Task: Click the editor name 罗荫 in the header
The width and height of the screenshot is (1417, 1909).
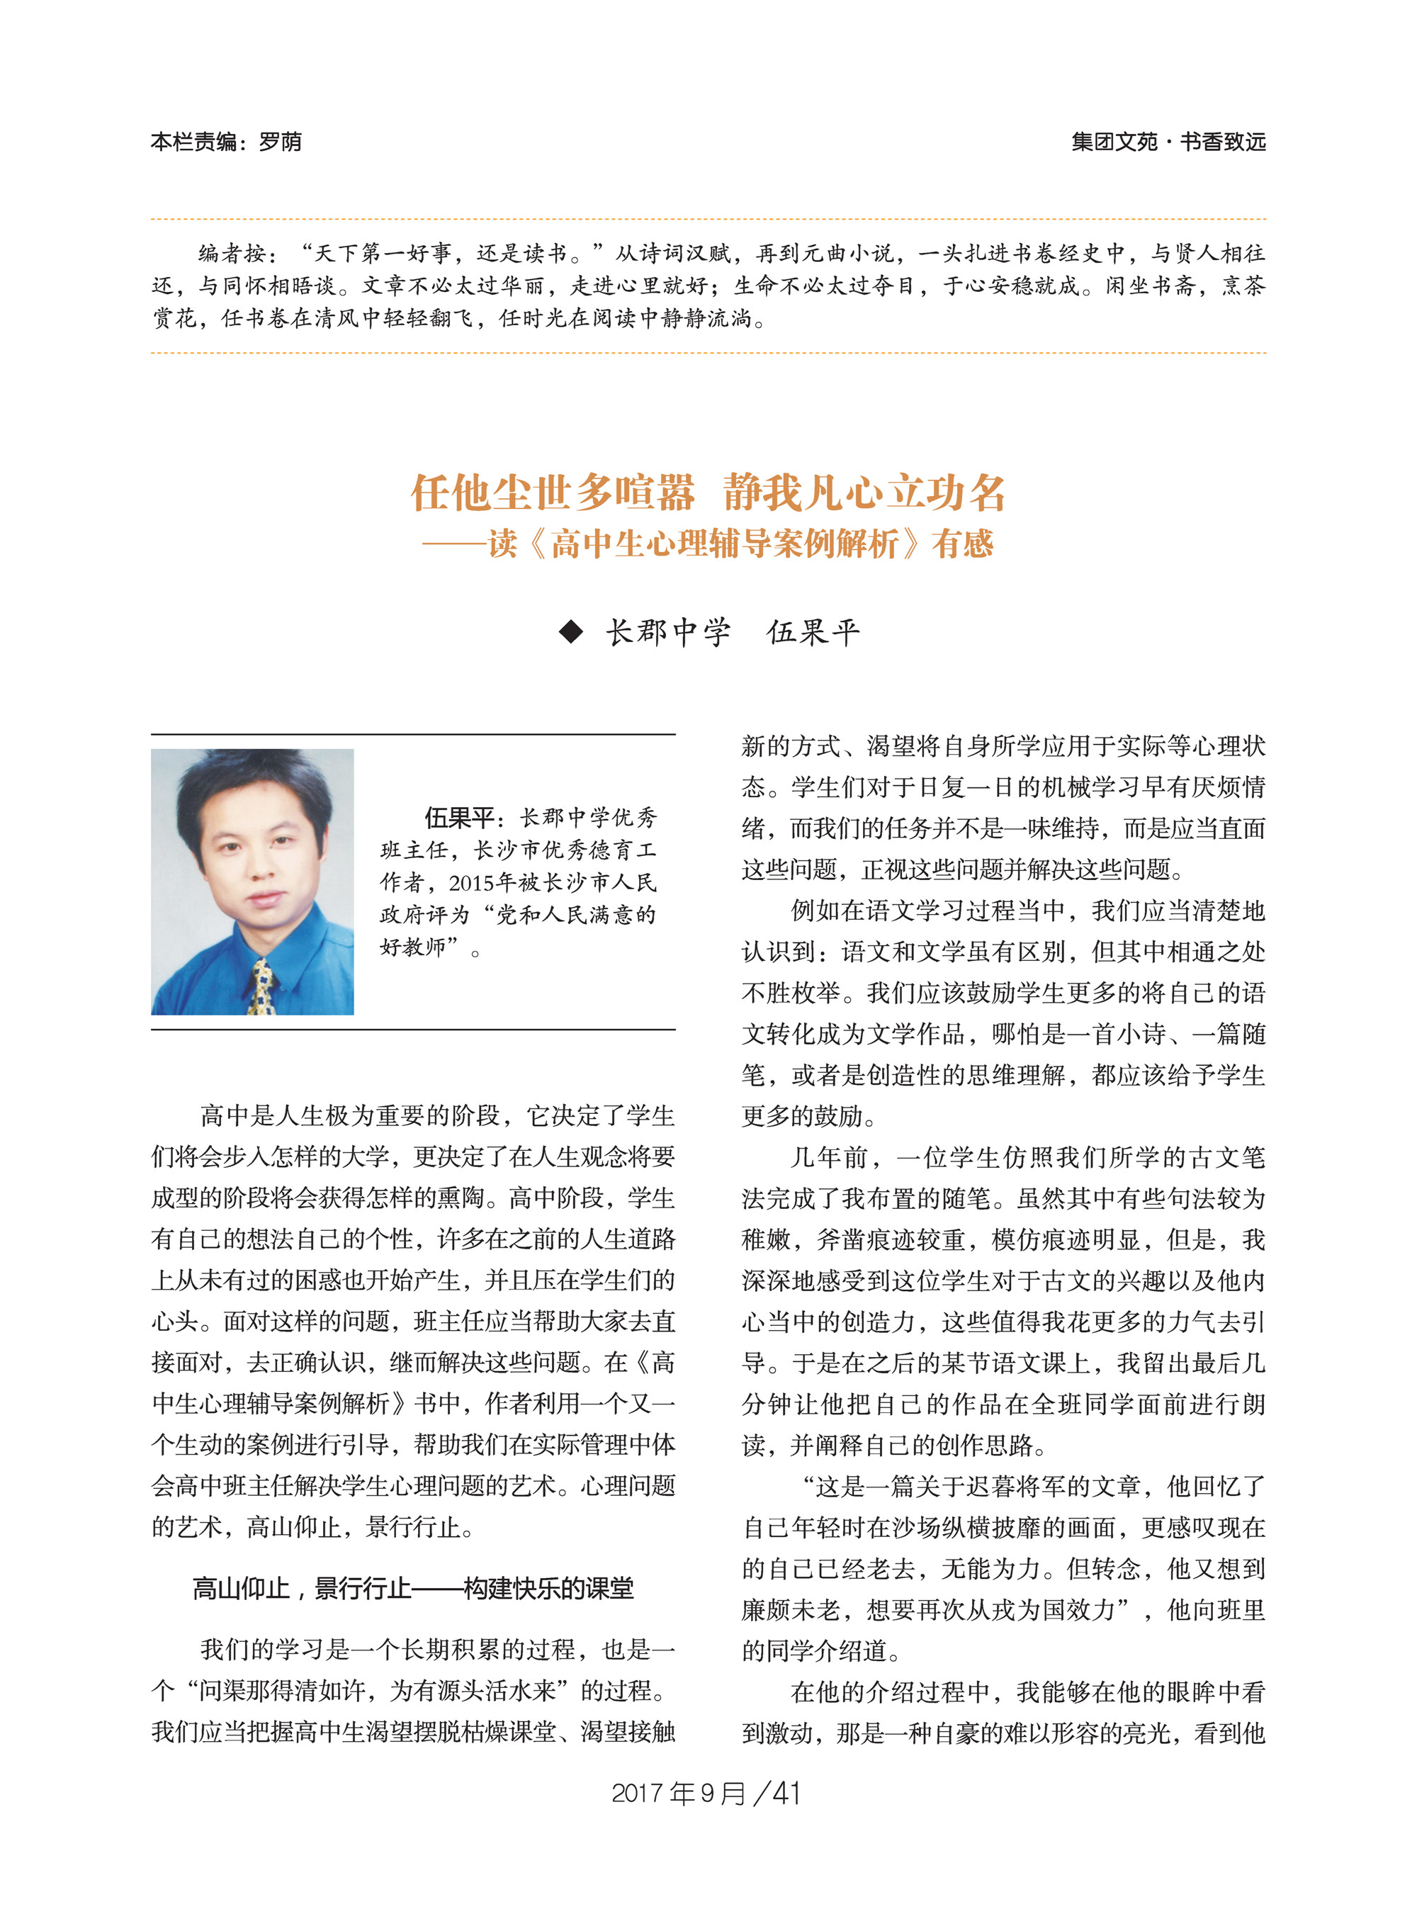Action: [x=280, y=142]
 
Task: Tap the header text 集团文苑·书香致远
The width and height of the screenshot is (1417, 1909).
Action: [x=1168, y=142]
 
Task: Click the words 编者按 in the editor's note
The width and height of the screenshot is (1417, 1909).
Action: [x=232, y=253]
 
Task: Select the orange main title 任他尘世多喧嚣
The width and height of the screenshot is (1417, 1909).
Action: [x=553, y=492]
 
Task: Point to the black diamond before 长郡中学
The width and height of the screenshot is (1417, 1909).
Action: [x=570, y=632]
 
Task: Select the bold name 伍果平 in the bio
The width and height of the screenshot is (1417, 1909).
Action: [x=459, y=817]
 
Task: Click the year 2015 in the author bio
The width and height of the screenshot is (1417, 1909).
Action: [x=473, y=882]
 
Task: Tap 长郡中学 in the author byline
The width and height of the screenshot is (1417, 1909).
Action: [x=668, y=632]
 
